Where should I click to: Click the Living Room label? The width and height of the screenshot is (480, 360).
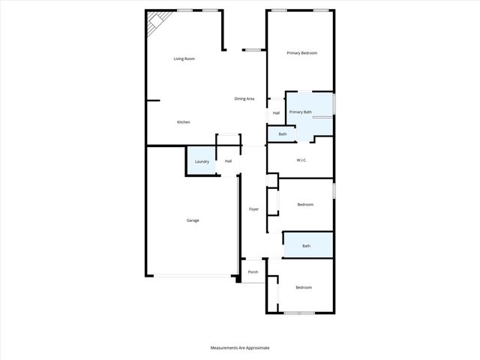click(184, 58)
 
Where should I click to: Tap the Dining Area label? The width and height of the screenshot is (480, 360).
click(244, 99)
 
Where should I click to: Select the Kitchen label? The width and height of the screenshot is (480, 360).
click(183, 122)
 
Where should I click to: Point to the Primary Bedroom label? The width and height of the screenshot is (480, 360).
click(302, 53)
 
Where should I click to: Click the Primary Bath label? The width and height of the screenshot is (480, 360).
click(300, 112)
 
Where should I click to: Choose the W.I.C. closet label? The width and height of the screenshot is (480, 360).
click(302, 160)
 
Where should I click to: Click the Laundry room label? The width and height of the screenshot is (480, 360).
click(201, 162)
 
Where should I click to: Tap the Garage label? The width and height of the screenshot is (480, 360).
click(193, 220)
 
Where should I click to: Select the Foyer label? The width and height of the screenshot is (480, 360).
click(253, 209)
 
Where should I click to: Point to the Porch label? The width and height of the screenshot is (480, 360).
click(253, 272)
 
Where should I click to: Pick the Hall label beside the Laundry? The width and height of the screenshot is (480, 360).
click(228, 160)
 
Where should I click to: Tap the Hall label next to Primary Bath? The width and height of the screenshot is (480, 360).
click(276, 113)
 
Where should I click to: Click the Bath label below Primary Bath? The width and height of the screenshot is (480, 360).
click(282, 134)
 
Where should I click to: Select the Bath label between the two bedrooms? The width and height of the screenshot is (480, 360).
click(306, 246)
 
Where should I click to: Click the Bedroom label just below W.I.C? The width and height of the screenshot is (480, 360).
click(304, 205)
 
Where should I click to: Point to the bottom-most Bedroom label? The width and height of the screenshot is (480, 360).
click(303, 288)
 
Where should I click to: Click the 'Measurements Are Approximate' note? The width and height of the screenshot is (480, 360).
click(239, 348)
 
